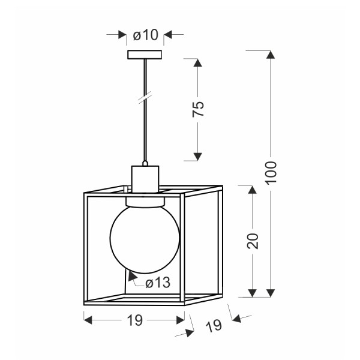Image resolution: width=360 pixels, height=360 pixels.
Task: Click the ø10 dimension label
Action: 146,35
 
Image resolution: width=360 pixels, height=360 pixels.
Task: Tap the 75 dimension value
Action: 198,109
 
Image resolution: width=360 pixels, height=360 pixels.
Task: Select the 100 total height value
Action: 271,172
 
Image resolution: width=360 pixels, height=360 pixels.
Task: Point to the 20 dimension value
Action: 253,241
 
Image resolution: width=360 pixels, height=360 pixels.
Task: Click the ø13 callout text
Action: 158,283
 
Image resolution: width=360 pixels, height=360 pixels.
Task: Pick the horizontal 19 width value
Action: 135,320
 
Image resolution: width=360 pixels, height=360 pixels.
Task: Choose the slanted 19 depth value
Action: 214,326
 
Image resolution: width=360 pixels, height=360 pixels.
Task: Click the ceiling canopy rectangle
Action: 145,55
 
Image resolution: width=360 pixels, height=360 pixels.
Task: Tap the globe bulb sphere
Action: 145,239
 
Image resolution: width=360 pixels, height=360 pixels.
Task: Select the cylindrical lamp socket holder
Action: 145,179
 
